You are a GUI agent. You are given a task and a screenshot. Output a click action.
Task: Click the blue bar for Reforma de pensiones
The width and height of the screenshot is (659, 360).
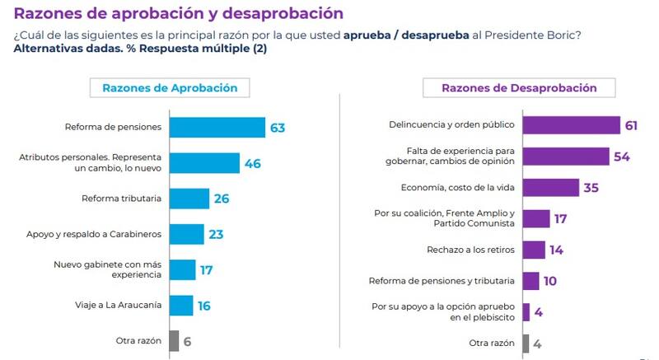(217, 127)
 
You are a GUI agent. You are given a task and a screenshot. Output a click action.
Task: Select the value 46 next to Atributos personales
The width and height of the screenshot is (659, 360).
(253, 163)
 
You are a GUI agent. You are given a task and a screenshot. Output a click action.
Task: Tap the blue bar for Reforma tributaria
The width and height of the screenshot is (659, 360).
(189, 199)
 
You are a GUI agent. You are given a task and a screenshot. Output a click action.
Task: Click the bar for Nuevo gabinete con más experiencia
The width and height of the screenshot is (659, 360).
(183, 269)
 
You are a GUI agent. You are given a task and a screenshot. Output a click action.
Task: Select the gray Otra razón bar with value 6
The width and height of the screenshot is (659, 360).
(174, 340)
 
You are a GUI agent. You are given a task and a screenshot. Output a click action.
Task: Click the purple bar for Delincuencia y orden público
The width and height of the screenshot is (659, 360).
(572, 125)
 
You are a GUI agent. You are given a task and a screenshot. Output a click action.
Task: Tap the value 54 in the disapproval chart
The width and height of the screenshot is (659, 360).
(622, 157)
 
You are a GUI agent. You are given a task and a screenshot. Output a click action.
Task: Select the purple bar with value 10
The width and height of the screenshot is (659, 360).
(531, 281)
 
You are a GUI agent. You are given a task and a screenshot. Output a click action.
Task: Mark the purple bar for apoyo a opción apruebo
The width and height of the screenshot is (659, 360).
(526, 311)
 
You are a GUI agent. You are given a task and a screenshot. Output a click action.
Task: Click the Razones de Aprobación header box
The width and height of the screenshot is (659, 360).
(170, 88)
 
